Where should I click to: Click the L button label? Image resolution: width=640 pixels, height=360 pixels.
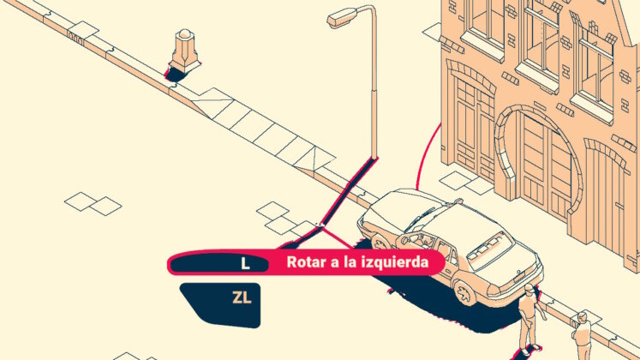pyautogui.click(x=245, y=264)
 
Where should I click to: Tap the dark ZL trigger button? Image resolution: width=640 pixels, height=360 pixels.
pyautogui.click(x=223, y=304)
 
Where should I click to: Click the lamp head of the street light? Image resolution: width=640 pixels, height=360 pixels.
pyautogui.click(x=342, y=18)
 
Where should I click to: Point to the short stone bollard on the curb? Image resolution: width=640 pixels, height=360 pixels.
pyautogui.click(x=184, y=51)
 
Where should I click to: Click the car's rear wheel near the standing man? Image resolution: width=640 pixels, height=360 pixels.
pyautogui.click(x=465, y=291)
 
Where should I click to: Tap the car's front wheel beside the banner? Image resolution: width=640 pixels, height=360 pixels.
pyautogui.click(x=379, y=243)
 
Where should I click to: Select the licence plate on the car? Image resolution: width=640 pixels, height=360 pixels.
pyautogui.click(x=519, y=277)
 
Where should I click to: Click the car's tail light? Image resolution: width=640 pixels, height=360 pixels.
pyautogui.click(x=493, y=291)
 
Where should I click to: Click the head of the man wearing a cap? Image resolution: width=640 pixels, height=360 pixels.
pyautogui.click(x=529, y=290)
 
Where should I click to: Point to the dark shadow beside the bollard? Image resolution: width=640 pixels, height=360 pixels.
pyautogui.click(x=175, y=74)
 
